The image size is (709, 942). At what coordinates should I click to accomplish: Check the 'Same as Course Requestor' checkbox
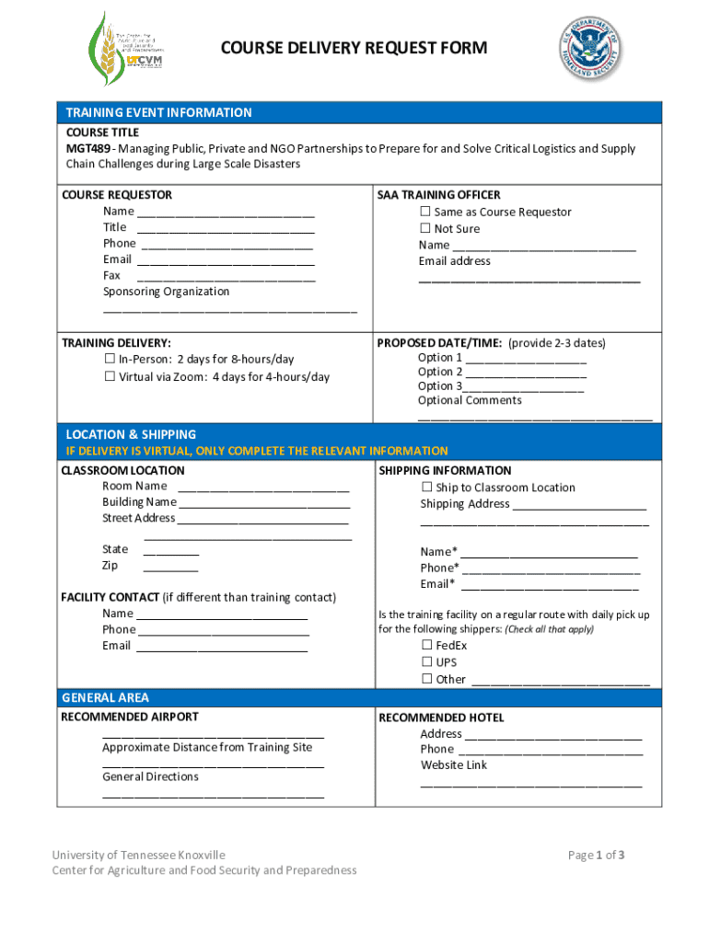point(426,212)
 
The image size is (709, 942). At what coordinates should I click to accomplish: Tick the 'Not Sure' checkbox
point(426,228)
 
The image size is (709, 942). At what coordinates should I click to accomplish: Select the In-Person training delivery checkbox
point(110,359)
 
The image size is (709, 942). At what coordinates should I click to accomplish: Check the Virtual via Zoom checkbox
point(110,376)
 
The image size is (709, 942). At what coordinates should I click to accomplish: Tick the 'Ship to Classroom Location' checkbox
point(427,487)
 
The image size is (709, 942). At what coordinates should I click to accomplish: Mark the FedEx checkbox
point(427,646)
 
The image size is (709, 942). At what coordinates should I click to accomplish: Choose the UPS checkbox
point(427,662)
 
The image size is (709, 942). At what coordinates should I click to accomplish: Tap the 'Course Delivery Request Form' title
point(354,49)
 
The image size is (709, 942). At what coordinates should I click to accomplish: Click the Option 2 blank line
point(526,373)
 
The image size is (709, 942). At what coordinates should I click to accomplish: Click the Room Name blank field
point(263,487)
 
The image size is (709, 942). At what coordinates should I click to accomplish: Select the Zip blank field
point(170,566)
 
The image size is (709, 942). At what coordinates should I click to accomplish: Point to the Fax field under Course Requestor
point(225,276)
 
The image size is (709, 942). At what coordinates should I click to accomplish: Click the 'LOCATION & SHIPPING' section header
point(131,434)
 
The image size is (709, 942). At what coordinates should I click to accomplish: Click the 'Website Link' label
point(454,764)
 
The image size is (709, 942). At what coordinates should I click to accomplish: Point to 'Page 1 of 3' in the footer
point(597,856)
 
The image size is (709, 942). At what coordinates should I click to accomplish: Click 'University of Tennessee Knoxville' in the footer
point(138,856)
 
